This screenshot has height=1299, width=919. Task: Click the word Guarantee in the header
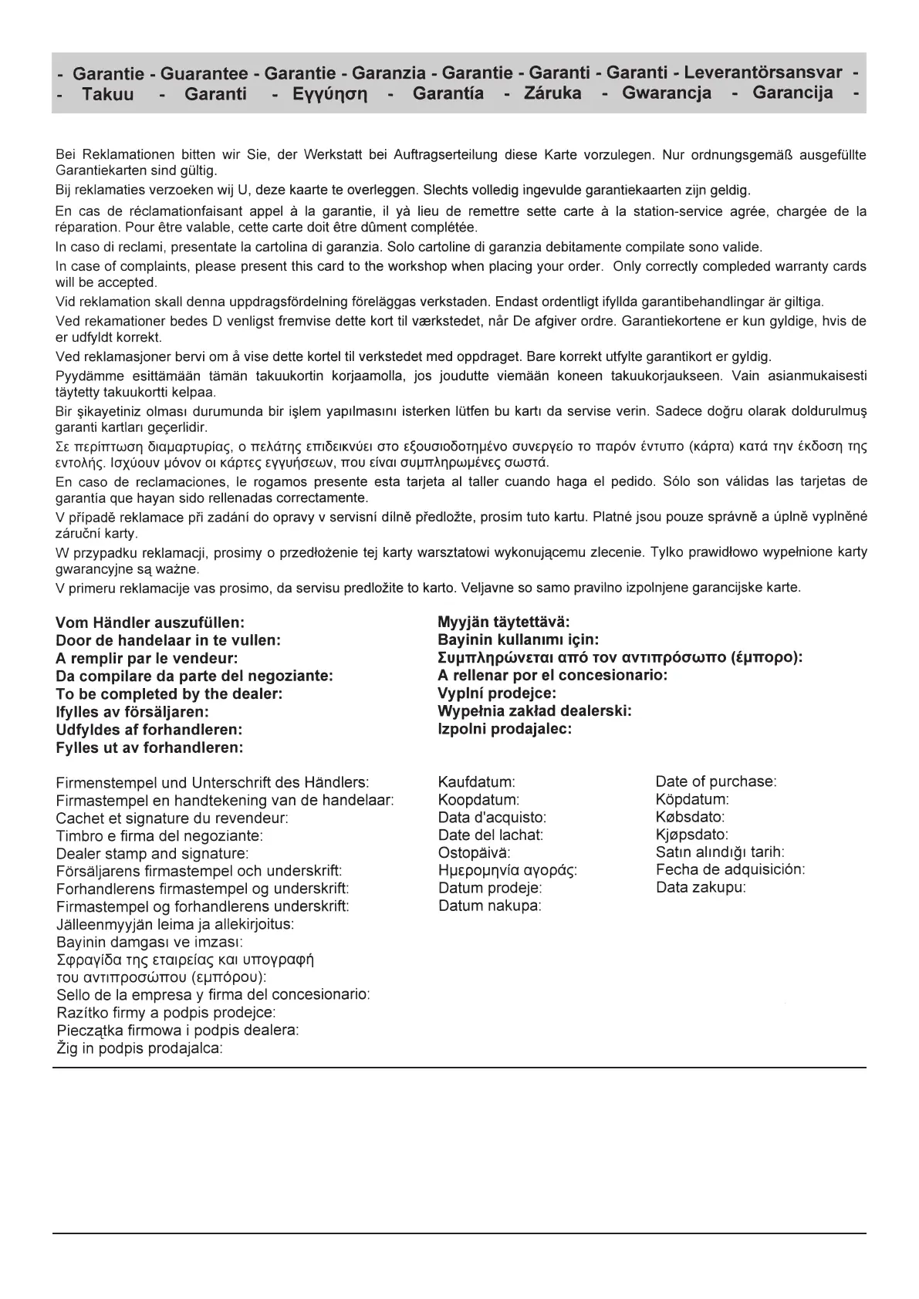(x=204, y=73)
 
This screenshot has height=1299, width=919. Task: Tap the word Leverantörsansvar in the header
(x=763, y=73)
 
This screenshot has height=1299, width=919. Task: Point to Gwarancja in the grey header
(x=667, y=93)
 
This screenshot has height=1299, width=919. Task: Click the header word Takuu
(x=108, y=94)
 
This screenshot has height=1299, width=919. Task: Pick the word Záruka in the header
(x=552, y=93)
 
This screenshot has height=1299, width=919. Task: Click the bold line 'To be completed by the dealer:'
(x=169, y=693)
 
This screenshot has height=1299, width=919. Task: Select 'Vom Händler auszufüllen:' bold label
(x=150, y=623)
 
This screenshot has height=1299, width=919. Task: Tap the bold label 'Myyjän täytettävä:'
(x=503, y=622)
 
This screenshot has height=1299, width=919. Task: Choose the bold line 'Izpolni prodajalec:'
(x=505, y=728)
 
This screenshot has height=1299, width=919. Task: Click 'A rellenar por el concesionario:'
(x=552, y=675)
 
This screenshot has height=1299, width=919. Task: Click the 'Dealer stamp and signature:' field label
(x=152, y=854)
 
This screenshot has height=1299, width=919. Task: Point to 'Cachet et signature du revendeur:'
(x=172, y=818)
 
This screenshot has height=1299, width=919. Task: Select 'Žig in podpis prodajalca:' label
(x=140, y=1048)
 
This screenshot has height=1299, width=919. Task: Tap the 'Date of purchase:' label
(x=716, y=781)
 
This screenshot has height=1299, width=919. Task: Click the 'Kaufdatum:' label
(x=476, y=782)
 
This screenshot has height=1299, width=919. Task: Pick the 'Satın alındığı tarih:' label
(x=720, y=852)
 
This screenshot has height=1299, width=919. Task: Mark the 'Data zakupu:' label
(x=701, y=887)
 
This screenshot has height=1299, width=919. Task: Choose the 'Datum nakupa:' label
(x=489, y=906)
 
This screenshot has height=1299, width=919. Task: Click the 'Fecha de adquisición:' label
(x=730, y=869)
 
